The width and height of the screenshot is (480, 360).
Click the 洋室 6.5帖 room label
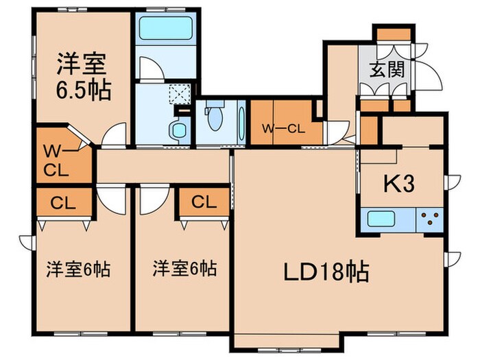tap(82, 77)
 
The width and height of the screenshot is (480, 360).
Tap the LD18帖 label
tap(326, 272)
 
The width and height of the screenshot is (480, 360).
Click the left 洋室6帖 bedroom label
tap(78, 268)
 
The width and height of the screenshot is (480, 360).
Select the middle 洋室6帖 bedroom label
tap(185, 268)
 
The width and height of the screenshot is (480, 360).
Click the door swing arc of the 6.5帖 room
tap(115, 135)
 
